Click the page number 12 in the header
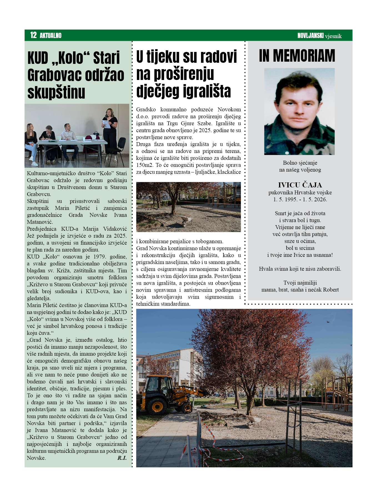pyautogui.click(x=33, y=35)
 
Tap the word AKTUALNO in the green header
pyautogui.click(x=51, y=36)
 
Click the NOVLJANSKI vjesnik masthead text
pyautogui.click(x=319, y=36)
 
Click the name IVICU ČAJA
pyautogui.click(x=300, y=185)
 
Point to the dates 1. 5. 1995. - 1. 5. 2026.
pyautogui.click(x=300, y=199)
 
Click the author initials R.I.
pyautogui.click(x=122, y=458)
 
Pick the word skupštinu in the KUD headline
pyautogui.click(x=56, y=92)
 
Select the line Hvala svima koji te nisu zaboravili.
pyautogui.click(x=300, y=269)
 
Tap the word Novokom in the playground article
pyautogui.click(x=229, y=109)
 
